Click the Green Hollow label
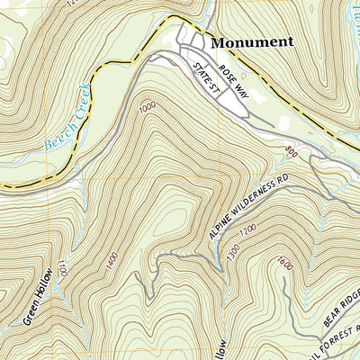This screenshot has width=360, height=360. tap(33, 296)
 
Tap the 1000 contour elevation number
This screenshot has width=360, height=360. tap(148, 108)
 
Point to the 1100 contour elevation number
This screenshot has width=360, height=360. tap(62, 269)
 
